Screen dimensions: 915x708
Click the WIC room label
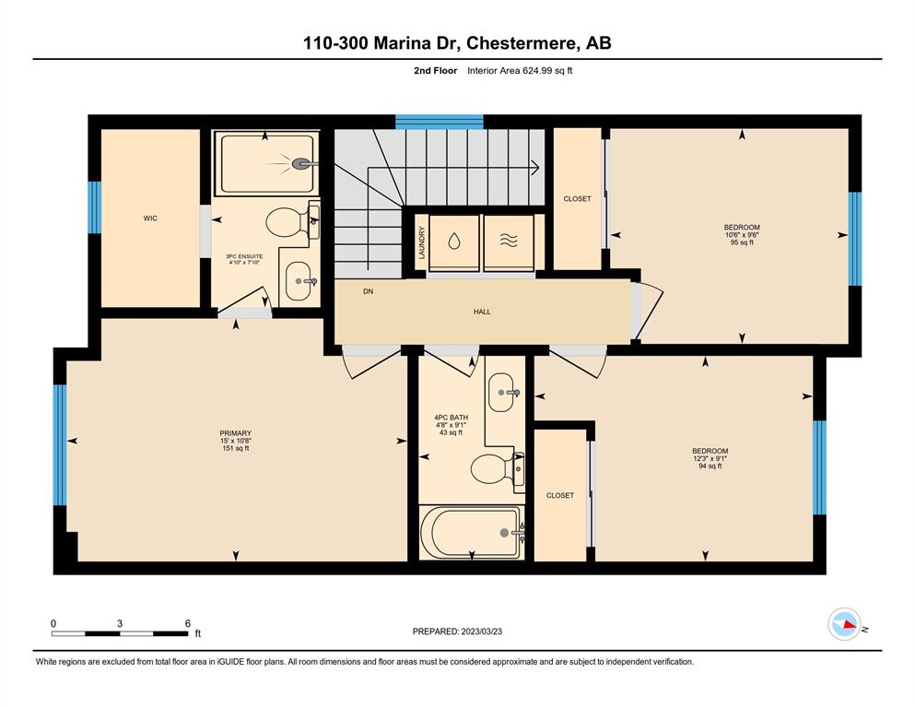click(150, 218)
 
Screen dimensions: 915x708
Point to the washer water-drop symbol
click(454, 241)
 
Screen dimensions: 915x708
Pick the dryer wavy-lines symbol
click(509, 241)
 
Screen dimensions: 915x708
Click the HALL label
click(482, 312)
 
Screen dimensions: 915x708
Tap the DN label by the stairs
click(368, 291)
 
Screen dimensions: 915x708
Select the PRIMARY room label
click(235, 433)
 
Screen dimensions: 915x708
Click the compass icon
click(844, 624)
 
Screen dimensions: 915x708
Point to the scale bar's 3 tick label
click(120, 623)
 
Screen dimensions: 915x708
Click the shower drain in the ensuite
click(301, 164)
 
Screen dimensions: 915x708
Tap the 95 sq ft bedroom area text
click(742, 242)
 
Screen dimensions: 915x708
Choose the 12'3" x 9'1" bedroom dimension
click(710, 458)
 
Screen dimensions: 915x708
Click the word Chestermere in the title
click(522, 43)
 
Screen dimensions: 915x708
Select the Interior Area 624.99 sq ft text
click(520, 71)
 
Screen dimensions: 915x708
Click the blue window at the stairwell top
click(440, 122)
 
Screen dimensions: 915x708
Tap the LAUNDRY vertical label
click(421, 242)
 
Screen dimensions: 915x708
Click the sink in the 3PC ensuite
click(299, 281)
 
